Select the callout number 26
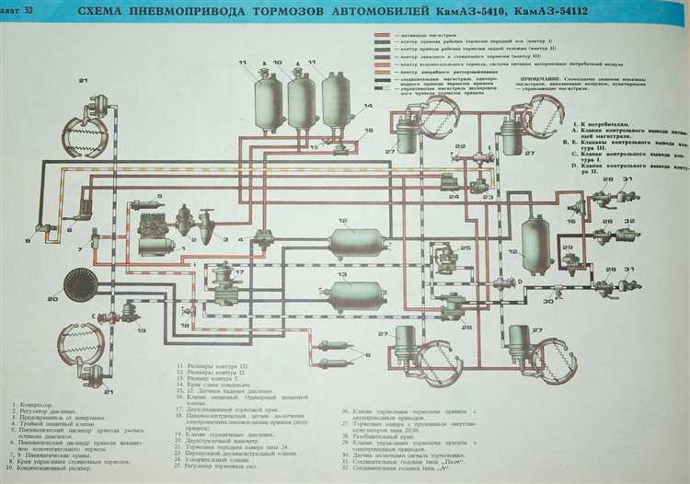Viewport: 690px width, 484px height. coord(467,325)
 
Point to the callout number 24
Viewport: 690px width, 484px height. coord(454,197)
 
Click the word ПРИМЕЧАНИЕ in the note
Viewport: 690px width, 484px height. coord(546,104)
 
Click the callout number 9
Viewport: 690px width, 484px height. coord(27,241)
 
